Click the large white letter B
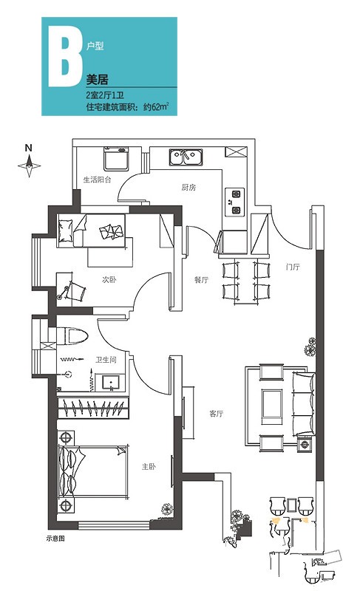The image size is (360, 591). pyautogui.click(x=65, y=58)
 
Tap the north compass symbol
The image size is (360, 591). pyautogui.click(x=29, y=161)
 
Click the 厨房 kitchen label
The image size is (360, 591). pyautogui.click(x=189, y=188)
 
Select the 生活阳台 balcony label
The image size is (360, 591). pyautogui.click(x=98, y=180)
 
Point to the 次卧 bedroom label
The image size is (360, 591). pyautogui.click(x=109, y=280)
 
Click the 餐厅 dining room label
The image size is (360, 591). pyautogui.click(x=201, y=280)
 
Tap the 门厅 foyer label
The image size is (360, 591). pyautogui.click(x=293, y=267)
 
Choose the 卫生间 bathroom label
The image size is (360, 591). pyautogui.click(x=106, y=360)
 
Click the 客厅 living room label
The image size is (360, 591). pyautogui.click(x=216, y=414)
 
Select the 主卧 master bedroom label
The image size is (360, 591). pyautogui.click(x=149, y=467)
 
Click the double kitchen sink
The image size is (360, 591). pyautogui.click(x=186, y=157)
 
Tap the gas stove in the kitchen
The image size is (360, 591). pyautogui.click(x=235, y=202)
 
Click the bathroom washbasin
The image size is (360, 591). pyautogui.click(x=110, y=383)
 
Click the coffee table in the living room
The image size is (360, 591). pyautogui.click(x=272, y=404)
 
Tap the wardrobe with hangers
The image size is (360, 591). pyautogui.click(x=92, y=408)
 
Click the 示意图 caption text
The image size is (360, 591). pyautogui.click(x=55, y=539)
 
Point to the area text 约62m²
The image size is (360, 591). pyautogui.click(x=156, y=106)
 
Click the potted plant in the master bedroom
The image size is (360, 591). pyautogui.click(x=167, y=510)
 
